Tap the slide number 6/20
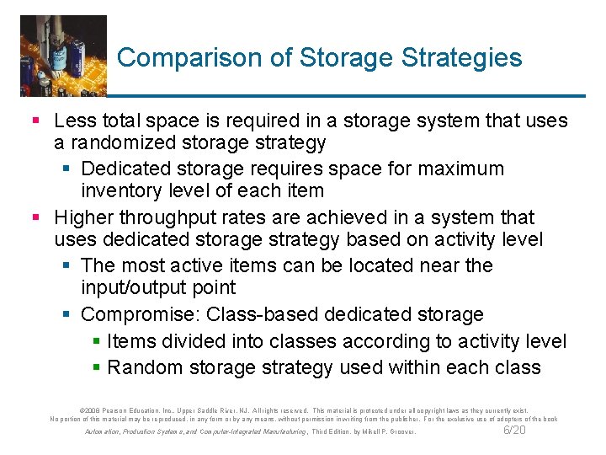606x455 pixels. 513,431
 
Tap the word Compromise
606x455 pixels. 140,315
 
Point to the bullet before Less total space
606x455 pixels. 35,121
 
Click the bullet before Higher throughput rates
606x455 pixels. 35,218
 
